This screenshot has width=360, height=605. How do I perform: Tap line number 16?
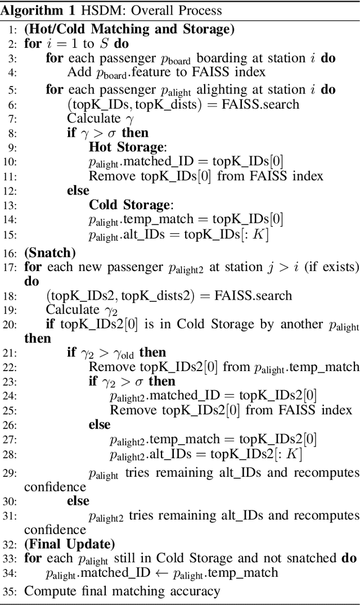pyautogui.click(x=11, y=253)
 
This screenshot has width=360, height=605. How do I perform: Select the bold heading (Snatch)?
pyautogui.click(x=49, y=252)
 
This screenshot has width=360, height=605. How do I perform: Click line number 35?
pyautogui.click(x=11, y=591)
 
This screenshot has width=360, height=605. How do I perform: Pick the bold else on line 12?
pyautogui.click(x=78, y=191)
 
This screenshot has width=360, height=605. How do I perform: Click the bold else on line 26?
pyautogui.click(x=100, y=425)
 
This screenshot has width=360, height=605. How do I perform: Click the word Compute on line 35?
pyautogui.click(x=46, y=591)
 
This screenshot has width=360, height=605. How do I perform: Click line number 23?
pyautogui.click(x=11, y=381)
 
